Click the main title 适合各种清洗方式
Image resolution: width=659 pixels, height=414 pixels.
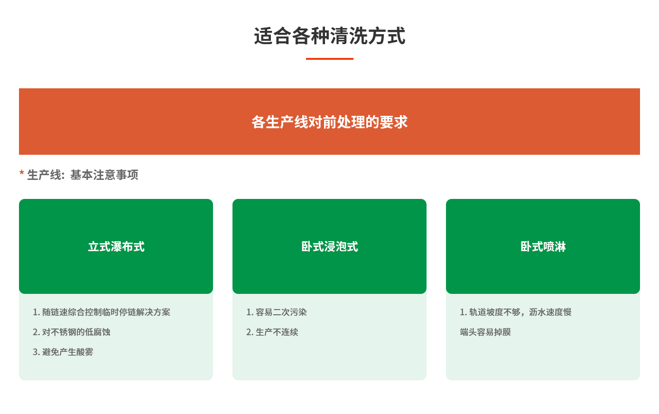(x=329, y=37)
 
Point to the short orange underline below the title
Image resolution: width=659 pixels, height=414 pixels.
(x=329, y=59)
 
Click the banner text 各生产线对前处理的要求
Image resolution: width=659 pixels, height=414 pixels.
(x=329, y=122)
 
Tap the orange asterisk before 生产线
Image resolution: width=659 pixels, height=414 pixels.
(x=22, y=174)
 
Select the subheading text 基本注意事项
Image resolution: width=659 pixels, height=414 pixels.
(x=104, y=175)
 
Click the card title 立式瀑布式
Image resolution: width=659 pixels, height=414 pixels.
(x=116, y=247)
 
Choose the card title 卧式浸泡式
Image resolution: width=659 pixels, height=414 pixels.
(x=329, y=247)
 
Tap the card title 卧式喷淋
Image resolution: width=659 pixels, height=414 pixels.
(x=543, y=247)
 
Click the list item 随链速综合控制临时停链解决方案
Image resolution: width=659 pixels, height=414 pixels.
(x=106, y=312)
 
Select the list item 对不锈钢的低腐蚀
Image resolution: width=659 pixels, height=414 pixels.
(x=76, y=332)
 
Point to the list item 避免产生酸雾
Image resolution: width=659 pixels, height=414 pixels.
(x=68, y=352)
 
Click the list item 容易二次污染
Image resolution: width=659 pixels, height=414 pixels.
(x=281, y=312)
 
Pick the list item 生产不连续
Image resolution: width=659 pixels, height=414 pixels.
(x=277, y=332)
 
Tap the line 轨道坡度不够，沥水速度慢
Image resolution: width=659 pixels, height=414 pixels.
(x=520, y=312)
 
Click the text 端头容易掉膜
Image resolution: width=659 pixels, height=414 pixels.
(x=485, y=332)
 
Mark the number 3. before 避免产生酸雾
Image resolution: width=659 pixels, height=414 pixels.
(x=36, y=352)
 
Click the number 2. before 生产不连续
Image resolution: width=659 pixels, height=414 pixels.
(x=250, y=332)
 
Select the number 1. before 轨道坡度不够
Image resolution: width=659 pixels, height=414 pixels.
(x=463, y=312)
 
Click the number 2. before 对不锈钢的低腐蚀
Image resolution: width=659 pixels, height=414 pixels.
(x=36, y=332)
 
